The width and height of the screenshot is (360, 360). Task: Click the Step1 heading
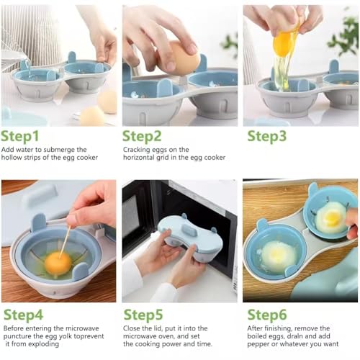20,137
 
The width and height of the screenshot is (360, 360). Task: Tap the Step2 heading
142,137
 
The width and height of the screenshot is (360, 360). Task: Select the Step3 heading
267,137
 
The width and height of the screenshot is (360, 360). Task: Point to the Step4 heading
24,315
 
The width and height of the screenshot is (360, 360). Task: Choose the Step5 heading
143,315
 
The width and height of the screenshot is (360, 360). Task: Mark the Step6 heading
267,315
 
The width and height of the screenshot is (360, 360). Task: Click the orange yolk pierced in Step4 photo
58,264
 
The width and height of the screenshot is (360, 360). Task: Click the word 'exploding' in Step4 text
44,344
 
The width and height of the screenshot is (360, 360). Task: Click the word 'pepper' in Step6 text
258,344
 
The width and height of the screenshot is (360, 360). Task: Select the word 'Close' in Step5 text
131,328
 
